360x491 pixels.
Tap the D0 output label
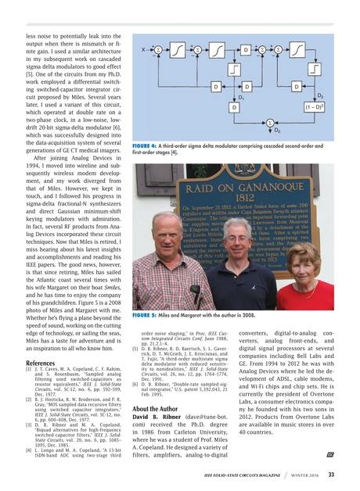click(x=277, y=130)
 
